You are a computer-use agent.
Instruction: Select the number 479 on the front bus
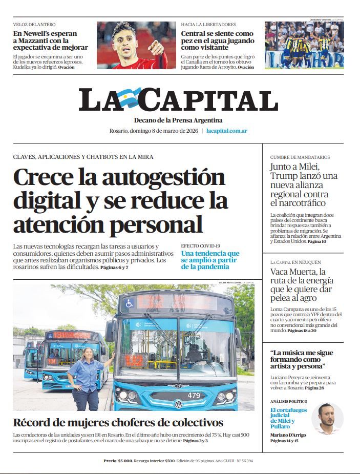(194, 395)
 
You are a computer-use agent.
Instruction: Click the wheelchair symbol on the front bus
(130, 303)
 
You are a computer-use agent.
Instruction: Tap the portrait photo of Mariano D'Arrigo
(328, 418)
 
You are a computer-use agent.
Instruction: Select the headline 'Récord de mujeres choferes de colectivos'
(118, 423)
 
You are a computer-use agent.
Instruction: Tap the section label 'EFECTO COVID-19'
(201, 246)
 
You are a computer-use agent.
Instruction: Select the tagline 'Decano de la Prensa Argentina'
(178, 120)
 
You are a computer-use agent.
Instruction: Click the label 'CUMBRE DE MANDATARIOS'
(300, 157)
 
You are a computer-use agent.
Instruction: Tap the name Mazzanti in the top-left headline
(36, 41)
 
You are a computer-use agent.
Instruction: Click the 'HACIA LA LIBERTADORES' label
(208, 25)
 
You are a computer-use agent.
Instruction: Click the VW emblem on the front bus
(179, 404)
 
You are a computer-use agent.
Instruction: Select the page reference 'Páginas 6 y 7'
(114, 267)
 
